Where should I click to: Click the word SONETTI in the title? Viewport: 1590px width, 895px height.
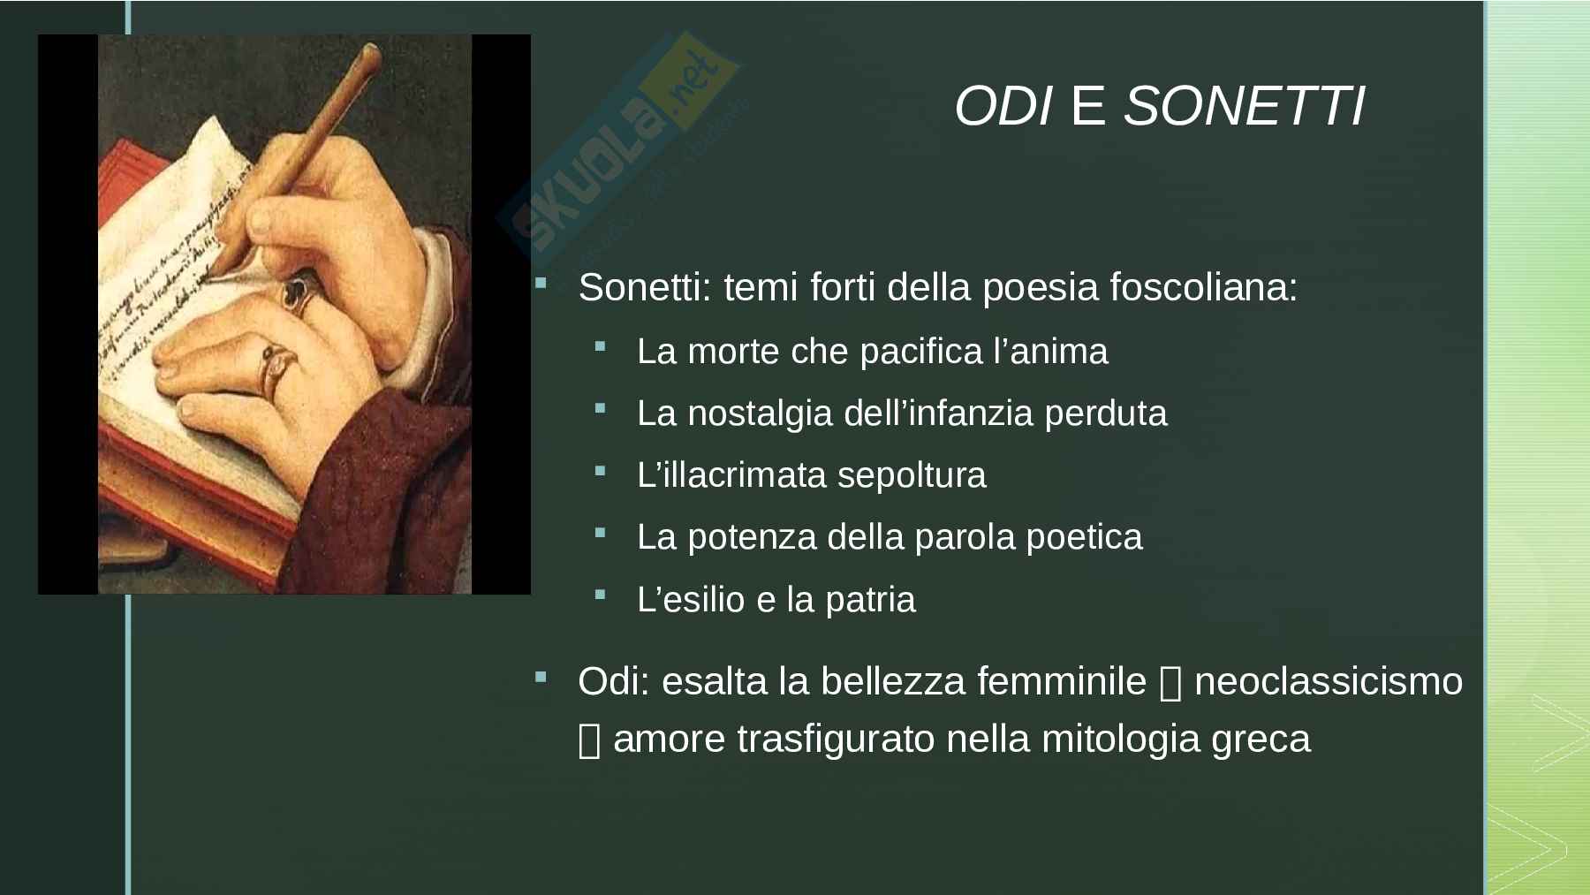[x=1244, y=107]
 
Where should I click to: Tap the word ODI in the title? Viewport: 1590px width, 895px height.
[x=1003, y=107]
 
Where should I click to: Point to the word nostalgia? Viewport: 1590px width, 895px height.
[x=760, y=413]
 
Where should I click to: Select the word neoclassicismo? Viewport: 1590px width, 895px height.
[x=1329, y=681]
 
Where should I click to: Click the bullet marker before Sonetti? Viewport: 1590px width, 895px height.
[x=540, y=283]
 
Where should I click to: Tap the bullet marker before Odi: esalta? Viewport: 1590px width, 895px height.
[x=540, y=677]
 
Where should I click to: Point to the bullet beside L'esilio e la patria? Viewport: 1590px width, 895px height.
[x=600, y=595]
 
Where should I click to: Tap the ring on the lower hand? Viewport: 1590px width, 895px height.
[x=275, y=369]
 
